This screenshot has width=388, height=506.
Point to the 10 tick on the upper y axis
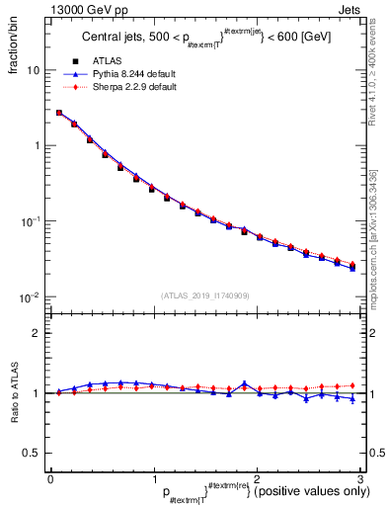pos(34,71)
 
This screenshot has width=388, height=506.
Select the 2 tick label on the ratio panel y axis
pos(37,333)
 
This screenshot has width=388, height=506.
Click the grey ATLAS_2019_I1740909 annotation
pos(204,295)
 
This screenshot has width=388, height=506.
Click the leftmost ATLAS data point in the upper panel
pos(59,113)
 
